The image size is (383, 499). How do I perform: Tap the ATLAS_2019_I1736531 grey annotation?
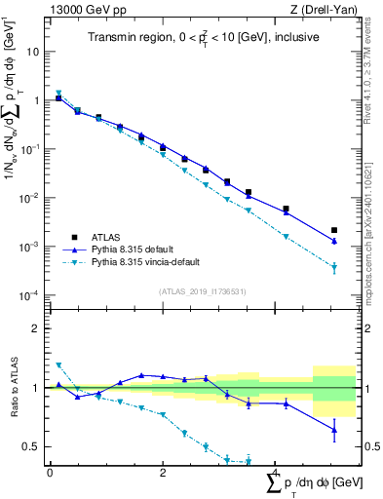point(202,290)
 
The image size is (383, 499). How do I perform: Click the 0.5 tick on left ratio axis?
point(34,447)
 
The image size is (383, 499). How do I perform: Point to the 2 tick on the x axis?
point(163,473)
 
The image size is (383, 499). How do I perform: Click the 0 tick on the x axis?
point(50,473)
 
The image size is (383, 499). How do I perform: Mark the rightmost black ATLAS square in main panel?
point(334,230)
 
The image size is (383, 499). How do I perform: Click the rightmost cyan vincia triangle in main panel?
point(334,267)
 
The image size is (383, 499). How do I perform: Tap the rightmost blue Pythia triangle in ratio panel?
point(334,429)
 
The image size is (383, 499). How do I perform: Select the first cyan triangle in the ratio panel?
point(58,365)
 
